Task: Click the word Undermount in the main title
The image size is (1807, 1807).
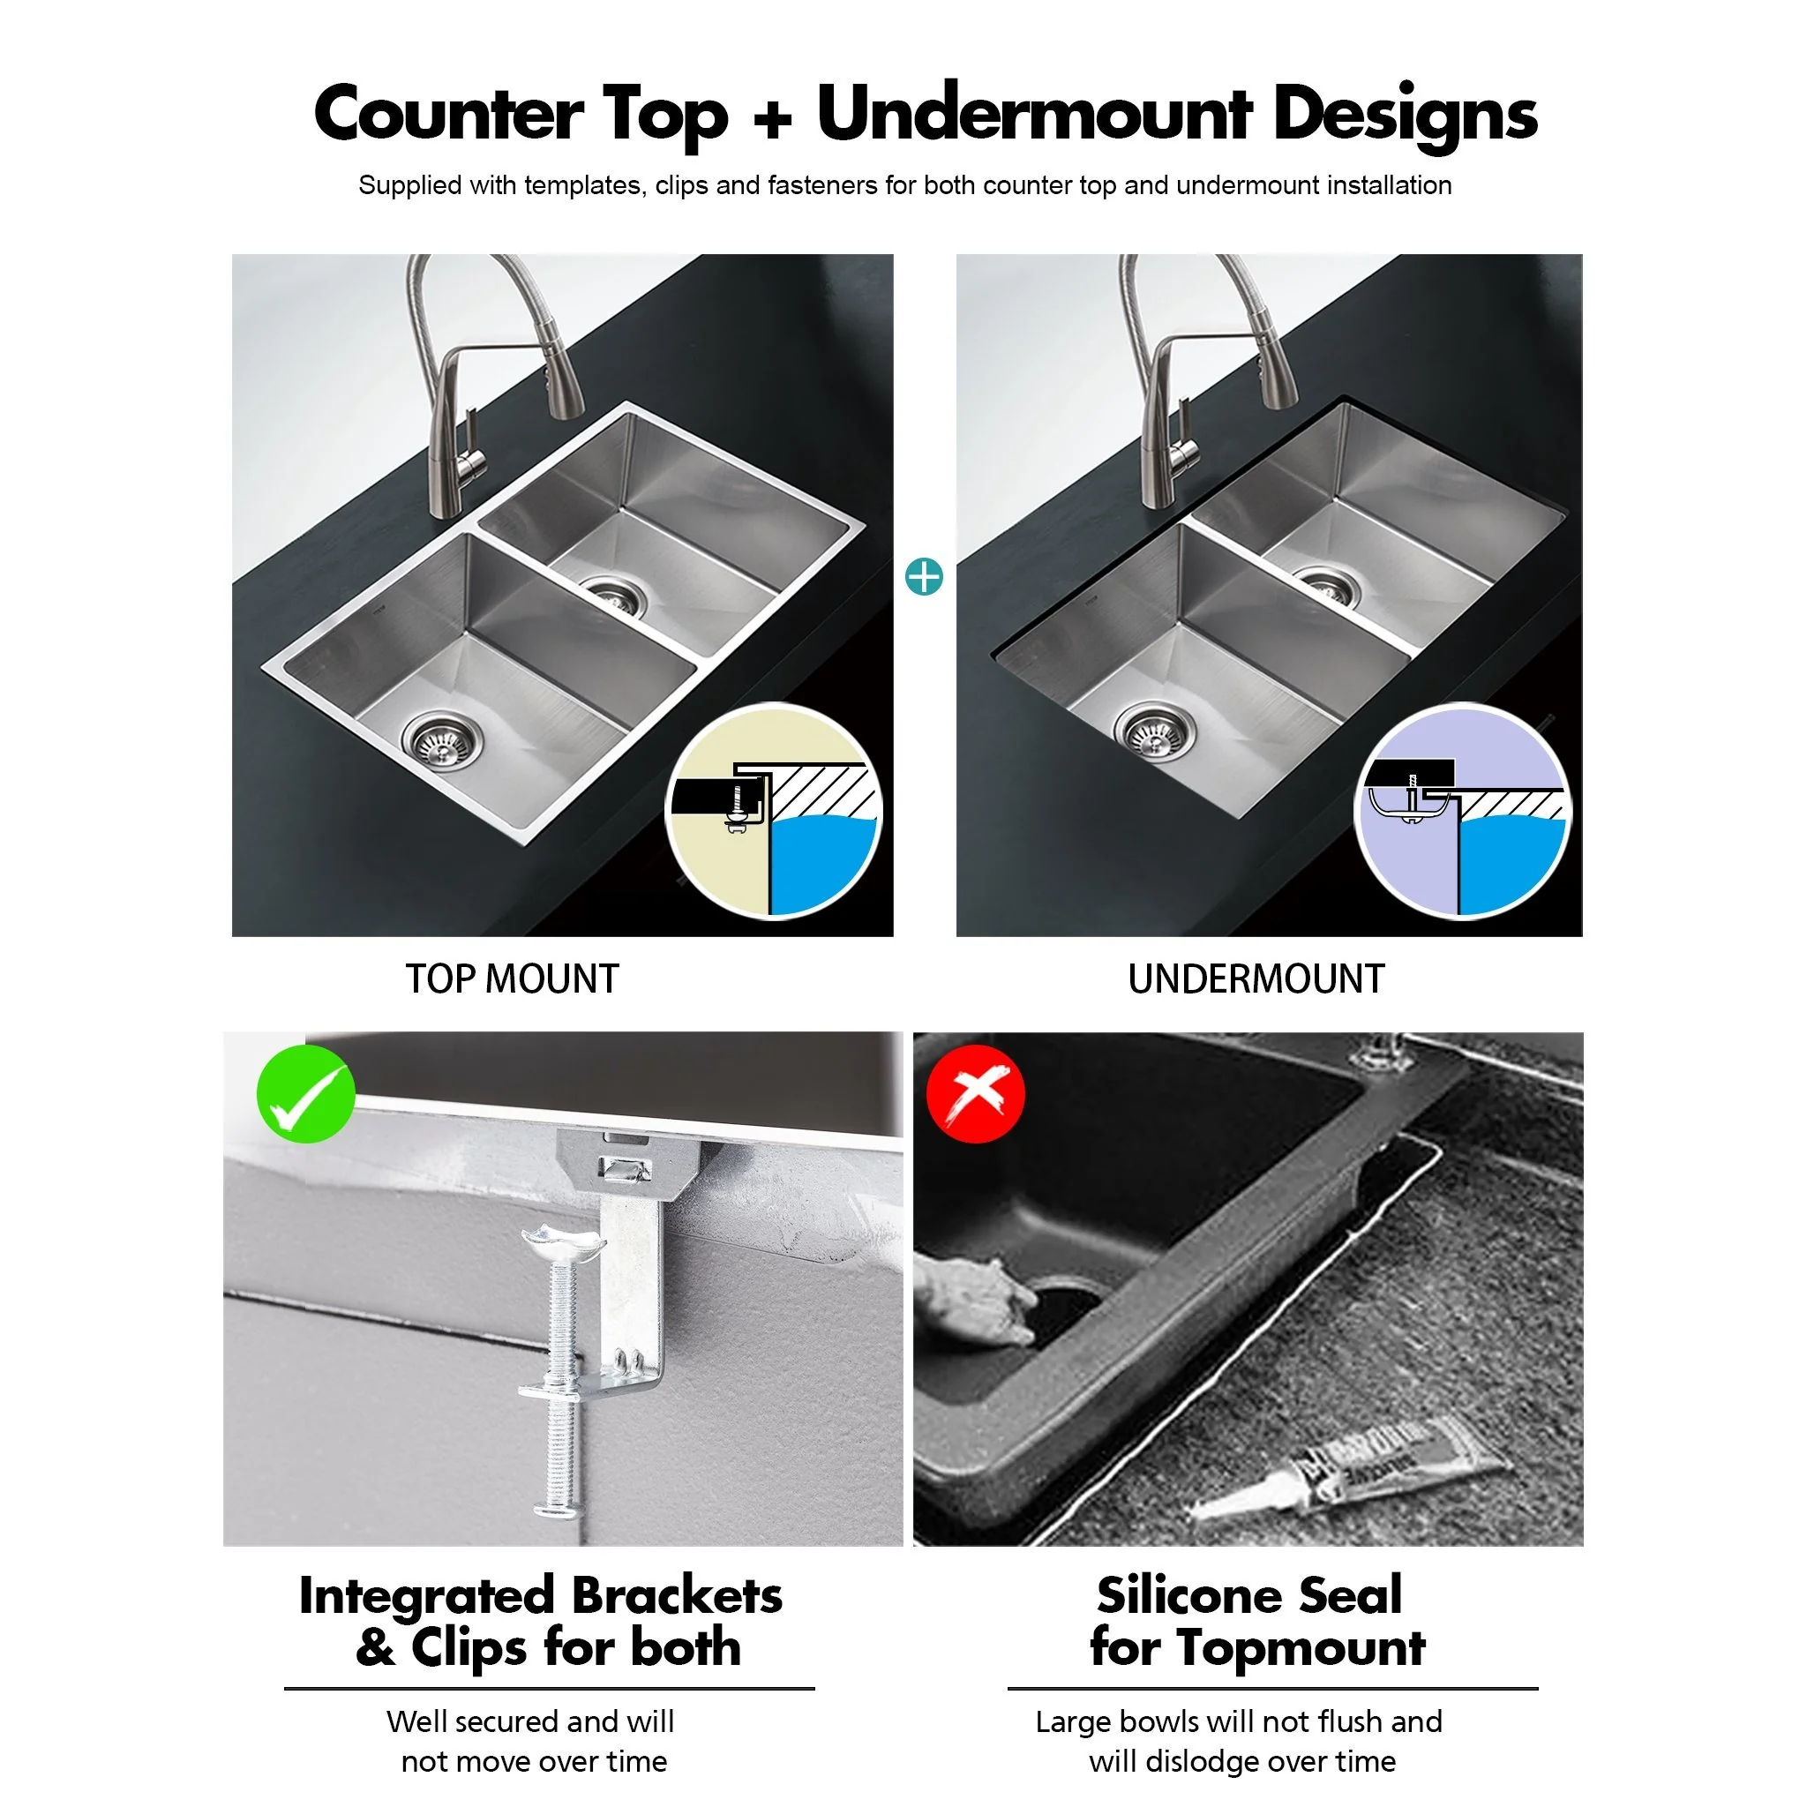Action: click(1032, 114)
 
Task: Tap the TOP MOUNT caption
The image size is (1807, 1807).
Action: click(512, 979)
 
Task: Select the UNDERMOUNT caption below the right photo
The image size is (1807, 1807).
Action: click(1256, 979)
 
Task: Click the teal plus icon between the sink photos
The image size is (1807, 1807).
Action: click(924, 577)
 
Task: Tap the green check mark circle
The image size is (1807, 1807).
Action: click(306, 1093)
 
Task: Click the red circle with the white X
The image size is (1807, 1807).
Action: click(975, 1093)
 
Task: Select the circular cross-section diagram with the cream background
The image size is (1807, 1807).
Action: click(774, 811)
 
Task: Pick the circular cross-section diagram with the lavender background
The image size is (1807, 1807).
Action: click(1463, 811)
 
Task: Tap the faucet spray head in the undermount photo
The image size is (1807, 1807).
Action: click(1277, 374)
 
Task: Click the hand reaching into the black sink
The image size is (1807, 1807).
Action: click(972, 1300)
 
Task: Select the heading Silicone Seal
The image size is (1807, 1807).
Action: click(1248, 1595)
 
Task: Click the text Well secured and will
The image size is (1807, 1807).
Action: click(529, 1721)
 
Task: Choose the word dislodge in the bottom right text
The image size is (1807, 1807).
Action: click(1202, 1761)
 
